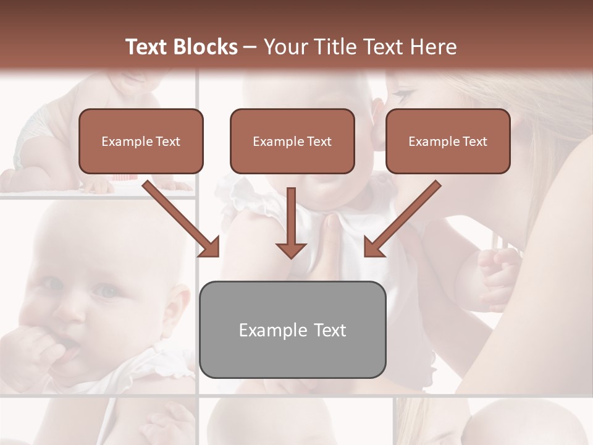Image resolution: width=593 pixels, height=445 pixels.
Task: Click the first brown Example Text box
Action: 141,141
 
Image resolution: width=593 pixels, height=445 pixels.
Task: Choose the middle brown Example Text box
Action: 292,141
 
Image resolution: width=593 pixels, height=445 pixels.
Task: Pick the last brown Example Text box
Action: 448,141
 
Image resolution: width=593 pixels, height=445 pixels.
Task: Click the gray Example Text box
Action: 293,329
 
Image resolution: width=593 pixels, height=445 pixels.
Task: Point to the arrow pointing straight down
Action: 291,222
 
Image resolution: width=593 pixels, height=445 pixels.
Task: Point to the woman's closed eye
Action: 402,96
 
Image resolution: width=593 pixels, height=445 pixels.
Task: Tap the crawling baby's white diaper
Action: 31,133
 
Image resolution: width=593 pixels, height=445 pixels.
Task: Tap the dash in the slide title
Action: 250,47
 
